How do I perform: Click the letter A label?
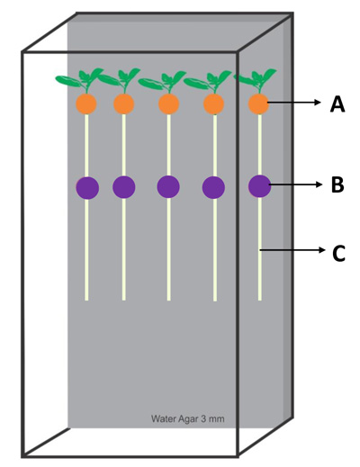337,104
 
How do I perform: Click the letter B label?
337,184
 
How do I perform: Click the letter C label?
339,254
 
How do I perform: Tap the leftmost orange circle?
86,103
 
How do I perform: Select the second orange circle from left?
123,103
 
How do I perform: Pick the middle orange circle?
168,103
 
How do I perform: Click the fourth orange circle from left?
213,103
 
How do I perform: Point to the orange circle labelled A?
258,103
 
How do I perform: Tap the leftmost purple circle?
87,188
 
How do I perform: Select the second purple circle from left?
124,187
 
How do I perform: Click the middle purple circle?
168,186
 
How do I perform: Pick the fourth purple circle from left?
213,187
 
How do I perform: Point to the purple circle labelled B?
260,186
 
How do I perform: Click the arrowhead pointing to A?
318,103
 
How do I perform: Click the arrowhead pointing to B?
318,184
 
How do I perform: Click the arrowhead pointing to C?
321,250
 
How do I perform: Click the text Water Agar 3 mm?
188,418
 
